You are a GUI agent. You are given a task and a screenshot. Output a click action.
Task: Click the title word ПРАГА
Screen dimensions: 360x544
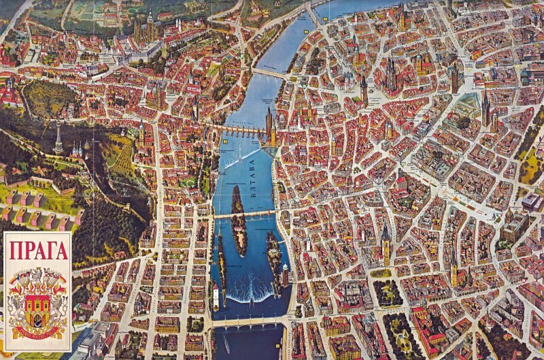coord(38,250)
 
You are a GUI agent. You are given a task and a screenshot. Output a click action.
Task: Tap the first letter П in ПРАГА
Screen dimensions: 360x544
coord(14,250)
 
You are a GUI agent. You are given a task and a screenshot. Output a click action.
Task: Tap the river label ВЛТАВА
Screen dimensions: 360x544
coord(252,178)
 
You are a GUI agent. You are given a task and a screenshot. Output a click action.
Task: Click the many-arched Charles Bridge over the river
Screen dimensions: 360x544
coord(237,130)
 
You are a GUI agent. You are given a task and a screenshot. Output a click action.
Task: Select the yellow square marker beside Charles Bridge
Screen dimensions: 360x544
coord(224,141)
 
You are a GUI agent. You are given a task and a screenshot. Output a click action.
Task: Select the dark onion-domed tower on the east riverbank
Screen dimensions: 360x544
coord(285,273)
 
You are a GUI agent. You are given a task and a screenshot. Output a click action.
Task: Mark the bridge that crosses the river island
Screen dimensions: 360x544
coord(245,214)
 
